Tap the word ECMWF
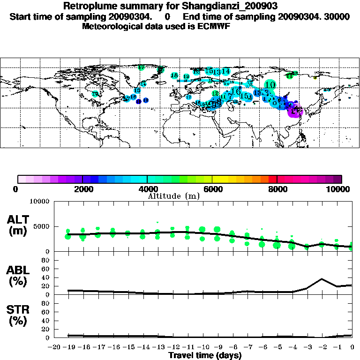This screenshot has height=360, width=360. (x=213, y=27)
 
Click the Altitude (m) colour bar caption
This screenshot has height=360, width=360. (x=173, y=196)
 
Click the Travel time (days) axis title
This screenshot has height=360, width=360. (x=205, y=356)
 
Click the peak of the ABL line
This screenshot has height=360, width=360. (x=322, y=279)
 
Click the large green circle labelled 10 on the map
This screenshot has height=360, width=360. (x=270, y=85)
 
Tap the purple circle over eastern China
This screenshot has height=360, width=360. (x=297, y=111)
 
